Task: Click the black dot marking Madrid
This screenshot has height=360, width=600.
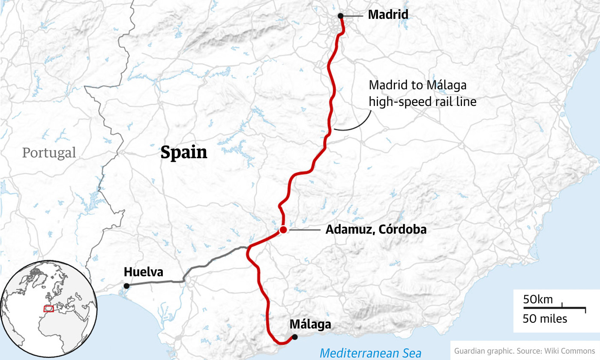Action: tap(340, 16)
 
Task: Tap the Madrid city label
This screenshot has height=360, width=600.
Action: tap(388, 15)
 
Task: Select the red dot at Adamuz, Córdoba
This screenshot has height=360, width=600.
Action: tap(283, 230)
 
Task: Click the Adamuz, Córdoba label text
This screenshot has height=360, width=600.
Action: tap(376, 230)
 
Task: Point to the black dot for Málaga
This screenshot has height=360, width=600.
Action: tap(295, 337)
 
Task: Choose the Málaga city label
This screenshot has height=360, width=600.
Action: tap(310, 324)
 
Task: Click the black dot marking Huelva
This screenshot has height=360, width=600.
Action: tap(126, 286)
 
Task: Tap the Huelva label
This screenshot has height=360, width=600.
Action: tap(143, 272)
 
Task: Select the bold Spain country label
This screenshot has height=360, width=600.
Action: tap(184, 153)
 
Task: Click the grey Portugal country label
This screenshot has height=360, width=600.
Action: tap(49, 153)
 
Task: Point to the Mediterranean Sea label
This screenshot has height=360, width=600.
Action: tap(371, 354)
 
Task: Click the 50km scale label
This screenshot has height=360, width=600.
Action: tap(538, 300)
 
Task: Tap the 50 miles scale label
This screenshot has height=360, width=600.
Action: tap(544, 319)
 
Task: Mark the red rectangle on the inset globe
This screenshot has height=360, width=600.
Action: tap(49, 309)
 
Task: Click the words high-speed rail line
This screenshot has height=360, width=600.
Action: tap(423, 102)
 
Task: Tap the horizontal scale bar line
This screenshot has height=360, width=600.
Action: tap(554, 308)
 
